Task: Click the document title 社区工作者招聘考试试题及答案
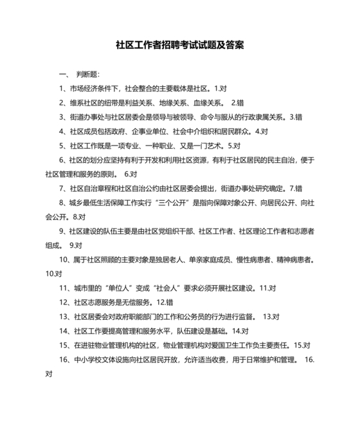point(179,46)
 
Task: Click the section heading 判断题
point(87,74)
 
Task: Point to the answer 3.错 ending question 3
point(296,117)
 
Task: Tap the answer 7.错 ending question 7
point(296,189)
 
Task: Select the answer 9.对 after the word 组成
point(75,245)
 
